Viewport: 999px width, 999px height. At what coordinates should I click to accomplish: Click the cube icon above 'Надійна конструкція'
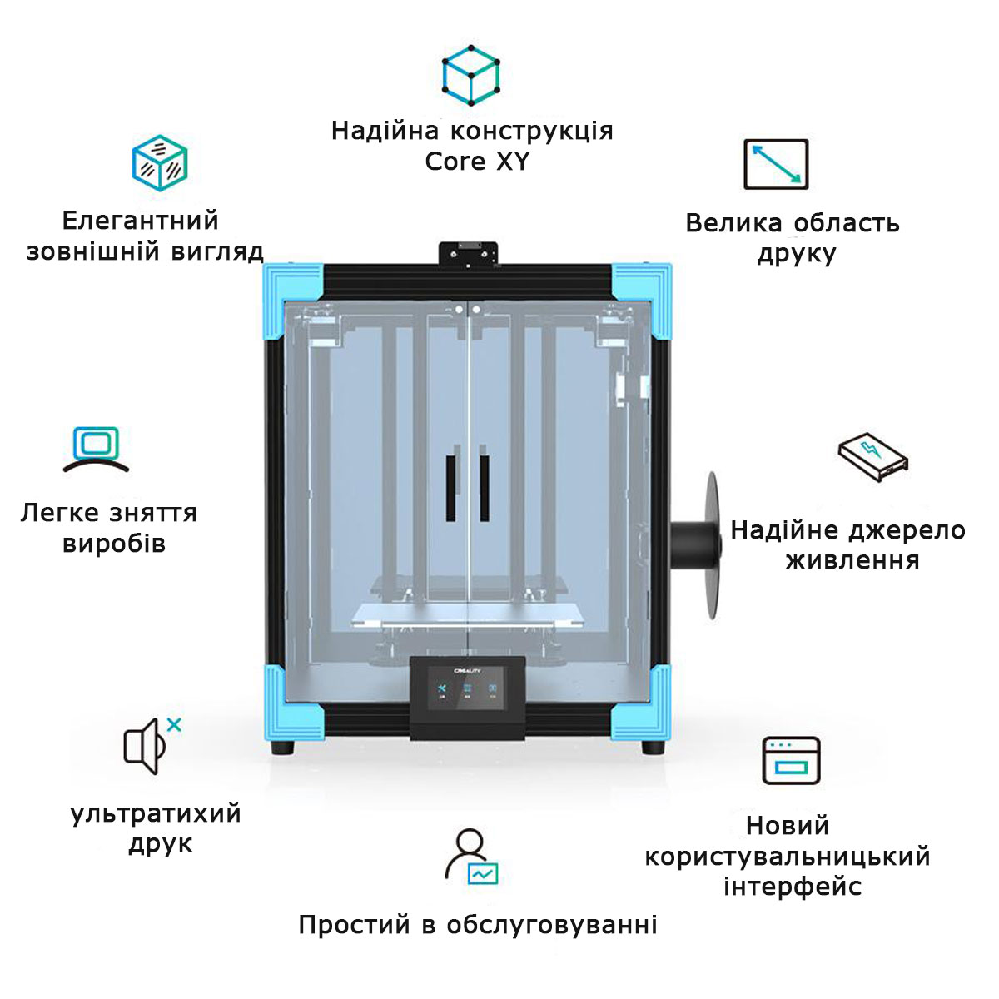[x=470, y=74]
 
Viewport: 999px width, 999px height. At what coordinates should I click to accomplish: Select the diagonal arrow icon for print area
[x=776, y=164]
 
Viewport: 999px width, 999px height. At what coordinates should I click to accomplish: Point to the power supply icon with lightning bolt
[x=872, y=456]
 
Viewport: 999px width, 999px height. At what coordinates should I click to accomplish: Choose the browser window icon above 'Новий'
[x=792, y=760]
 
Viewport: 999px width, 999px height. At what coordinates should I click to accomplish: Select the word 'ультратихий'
[x=156, y=813]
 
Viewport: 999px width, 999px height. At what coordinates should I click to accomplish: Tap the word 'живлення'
[x=852, y=561]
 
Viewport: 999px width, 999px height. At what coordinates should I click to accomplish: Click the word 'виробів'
[x=114, y=544]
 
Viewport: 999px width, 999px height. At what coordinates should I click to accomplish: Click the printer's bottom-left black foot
[x=284, y=746]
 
